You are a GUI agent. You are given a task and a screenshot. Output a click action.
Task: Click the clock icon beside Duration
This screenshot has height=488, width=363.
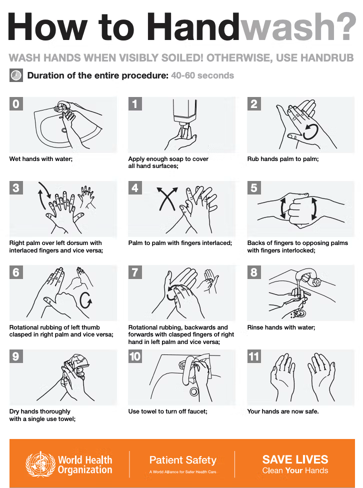click(x=16, y=75)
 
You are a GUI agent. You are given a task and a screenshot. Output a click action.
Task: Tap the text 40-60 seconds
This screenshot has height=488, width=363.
click(x=202, y=75)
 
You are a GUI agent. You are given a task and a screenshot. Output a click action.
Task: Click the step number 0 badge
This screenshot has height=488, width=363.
click(x=16, y=103)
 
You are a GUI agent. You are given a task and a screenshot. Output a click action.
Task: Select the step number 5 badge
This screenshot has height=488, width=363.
click(x=254, y=188)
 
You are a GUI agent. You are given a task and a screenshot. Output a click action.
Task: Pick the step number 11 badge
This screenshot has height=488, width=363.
click(x=254, y=356)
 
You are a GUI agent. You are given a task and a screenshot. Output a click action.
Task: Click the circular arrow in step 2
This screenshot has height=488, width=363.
click(x=310, y=131)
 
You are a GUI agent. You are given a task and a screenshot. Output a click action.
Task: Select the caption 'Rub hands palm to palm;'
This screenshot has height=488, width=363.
click(x=283, y=159)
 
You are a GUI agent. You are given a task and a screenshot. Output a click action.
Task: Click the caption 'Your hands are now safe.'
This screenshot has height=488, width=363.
click(x=283, y=411)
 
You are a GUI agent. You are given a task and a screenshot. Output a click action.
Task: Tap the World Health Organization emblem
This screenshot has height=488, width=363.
click(x=39, y=464)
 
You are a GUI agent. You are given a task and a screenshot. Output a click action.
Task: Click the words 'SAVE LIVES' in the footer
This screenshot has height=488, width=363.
click(x=295, y=459)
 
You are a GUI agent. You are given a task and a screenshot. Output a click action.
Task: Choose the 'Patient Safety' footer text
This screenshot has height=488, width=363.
click(x=183, y=460)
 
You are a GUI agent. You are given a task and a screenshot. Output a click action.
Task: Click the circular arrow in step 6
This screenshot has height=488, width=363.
click(x=86, y=300)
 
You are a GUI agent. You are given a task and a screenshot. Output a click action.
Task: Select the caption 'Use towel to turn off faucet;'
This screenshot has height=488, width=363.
click(x=167, y=411)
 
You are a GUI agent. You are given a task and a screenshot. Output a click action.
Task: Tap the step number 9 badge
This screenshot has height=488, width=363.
click(x=16, y=356)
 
